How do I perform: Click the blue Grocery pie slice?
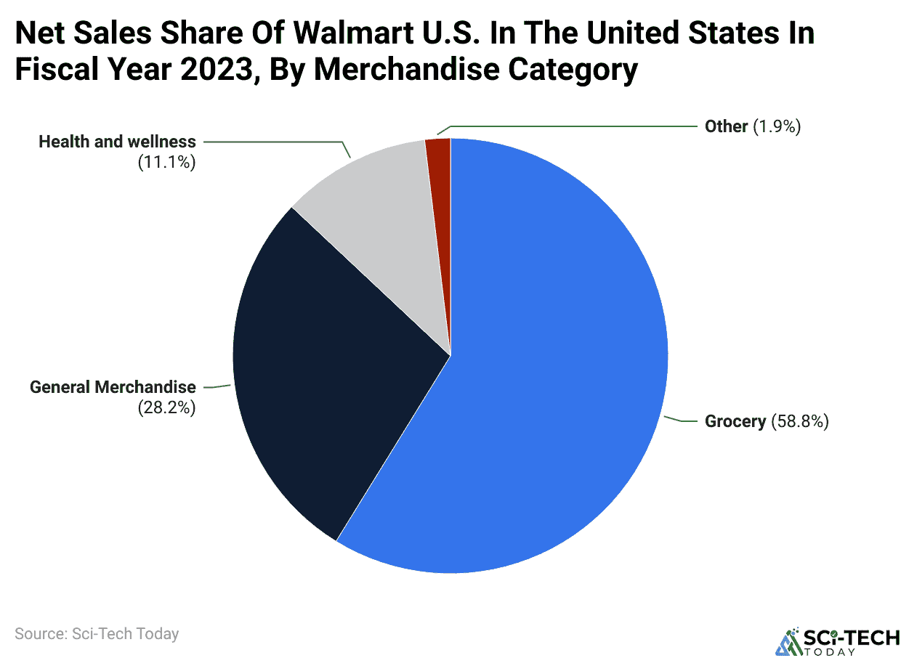pos(552,407)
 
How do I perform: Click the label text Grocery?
pos(735,421)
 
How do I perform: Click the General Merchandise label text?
pos(113,387)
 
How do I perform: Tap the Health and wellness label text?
pos(117,142)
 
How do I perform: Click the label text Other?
pos(726,126)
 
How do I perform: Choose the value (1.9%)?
pos(777,126)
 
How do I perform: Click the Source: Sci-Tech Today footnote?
pos(97,633)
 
